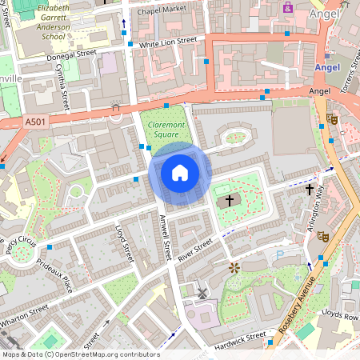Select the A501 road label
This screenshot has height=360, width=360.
click(34, 122)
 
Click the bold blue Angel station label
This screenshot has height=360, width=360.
click(327, 67)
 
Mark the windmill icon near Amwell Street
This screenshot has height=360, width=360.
click(202, 294)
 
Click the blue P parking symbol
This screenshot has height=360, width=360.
click(279, 255)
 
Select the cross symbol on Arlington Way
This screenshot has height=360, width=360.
click(310, 190)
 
